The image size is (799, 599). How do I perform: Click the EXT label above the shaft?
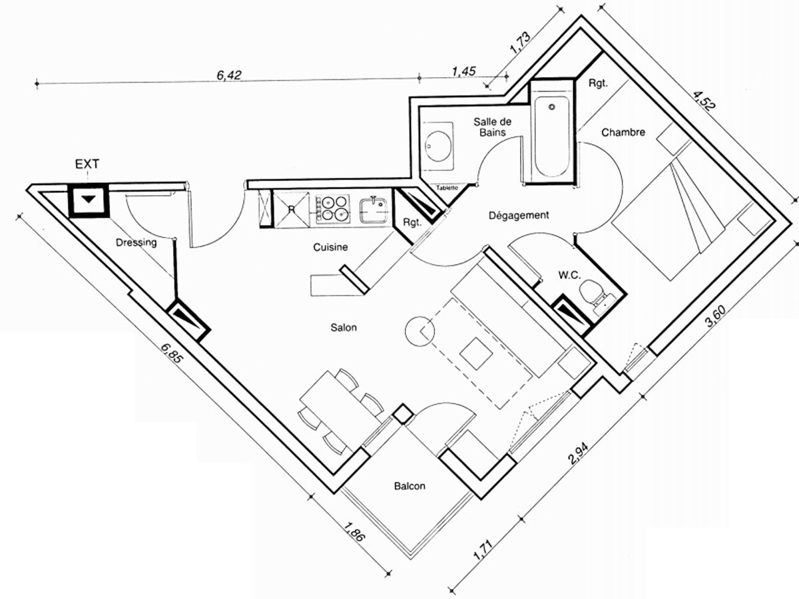point(87,164)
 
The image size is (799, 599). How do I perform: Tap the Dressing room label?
point(136,242)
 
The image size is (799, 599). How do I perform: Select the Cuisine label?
point(330,248)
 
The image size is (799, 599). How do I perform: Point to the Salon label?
point(344,327)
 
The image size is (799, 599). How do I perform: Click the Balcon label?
point(409,487)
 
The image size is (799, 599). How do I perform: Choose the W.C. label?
point(570,276)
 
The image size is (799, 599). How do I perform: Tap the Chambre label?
point(623,132)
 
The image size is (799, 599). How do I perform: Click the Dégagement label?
point(519,215)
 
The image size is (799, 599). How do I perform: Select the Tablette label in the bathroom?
point(447,188)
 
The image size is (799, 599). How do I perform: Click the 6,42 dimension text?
point(229,75)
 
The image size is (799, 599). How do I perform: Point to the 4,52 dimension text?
point(704,100)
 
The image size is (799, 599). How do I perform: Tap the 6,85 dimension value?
point(171,353)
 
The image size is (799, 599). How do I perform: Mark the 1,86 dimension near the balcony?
point(354,532)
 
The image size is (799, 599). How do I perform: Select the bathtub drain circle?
point(552,107)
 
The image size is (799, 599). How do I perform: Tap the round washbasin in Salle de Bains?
point(438,146)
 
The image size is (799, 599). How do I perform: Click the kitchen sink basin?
point(374,211)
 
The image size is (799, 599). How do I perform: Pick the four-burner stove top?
point(333,209)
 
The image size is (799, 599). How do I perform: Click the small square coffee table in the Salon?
point(476,353)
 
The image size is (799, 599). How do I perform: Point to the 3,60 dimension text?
point(716,316)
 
